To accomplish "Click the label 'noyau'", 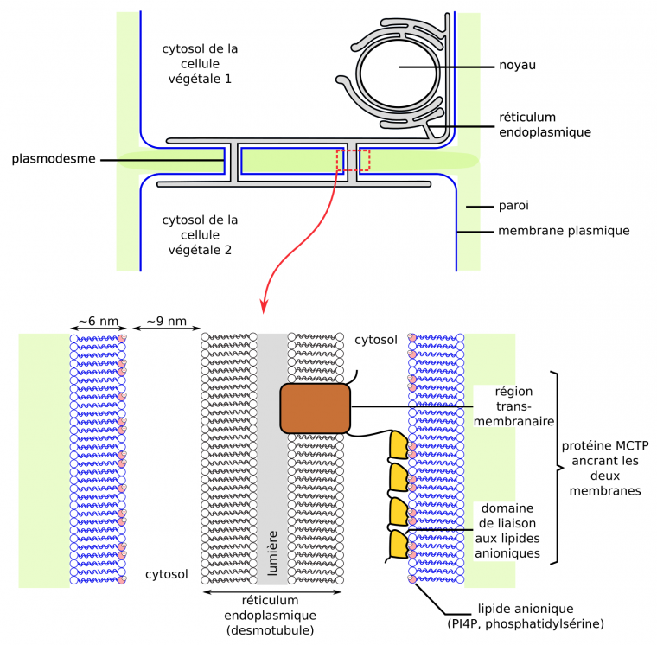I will click(x=519, y=66).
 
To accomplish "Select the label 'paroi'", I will click(x=513, y=206).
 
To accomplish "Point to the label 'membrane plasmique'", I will click(x=563, y=231).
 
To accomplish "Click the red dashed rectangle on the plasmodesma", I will click(x=353, y=160).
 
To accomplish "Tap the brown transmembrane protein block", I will click(x=316, y=408).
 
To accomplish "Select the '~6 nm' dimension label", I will click(x=98, y=322).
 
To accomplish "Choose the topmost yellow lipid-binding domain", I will click(x=398, y=444).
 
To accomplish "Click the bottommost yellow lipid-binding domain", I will click(x=398, y=543).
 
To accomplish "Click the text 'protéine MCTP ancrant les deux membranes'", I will click(x=604, y=468).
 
